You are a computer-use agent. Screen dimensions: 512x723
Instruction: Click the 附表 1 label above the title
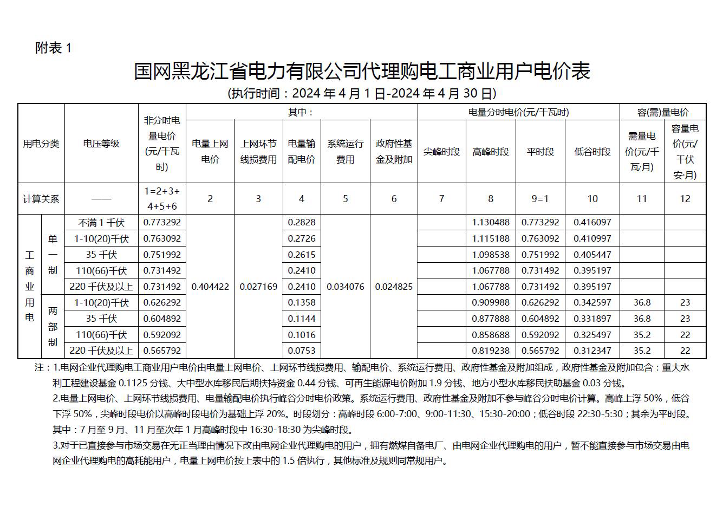click(53, 48)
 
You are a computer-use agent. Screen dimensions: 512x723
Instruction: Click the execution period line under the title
click(361, 93)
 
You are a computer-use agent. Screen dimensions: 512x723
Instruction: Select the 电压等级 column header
click(101, 144)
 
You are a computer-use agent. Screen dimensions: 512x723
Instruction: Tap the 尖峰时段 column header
click(441, 152)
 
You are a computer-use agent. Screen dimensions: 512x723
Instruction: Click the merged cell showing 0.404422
click(210, 287)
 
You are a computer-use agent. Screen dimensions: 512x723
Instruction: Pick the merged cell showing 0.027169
click(258, 287)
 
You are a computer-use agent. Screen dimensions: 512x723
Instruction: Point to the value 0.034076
click(346, 287)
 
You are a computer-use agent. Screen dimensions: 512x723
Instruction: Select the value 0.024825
click(394, 287)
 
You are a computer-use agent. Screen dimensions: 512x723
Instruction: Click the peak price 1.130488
click(491, 222)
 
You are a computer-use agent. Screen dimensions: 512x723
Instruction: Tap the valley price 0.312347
click(592, 351)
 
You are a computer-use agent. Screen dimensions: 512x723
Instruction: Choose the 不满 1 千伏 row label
click(101, 222)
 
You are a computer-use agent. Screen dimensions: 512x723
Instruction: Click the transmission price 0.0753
click(302, 351)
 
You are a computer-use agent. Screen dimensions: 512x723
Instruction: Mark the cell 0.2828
click(302, 222)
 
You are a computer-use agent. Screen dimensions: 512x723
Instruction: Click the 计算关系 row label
click(41, 199)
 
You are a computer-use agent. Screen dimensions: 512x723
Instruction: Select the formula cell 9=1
click(540, 199)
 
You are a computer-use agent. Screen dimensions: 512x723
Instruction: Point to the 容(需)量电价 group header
click(663, 112)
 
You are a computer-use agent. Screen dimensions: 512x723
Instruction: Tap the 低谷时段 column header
click(592, 152)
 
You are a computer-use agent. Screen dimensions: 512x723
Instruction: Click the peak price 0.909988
click(491, 302)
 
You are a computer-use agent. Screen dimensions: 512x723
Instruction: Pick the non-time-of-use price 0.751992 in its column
click(162, 255)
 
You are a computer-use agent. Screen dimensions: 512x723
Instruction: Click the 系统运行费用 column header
click(346, 152)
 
